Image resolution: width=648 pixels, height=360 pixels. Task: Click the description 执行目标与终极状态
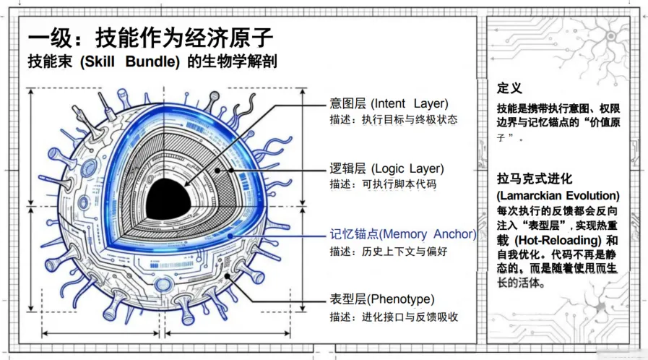[x=409, y=119]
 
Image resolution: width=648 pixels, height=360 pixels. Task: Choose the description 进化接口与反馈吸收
[x=409, y=317]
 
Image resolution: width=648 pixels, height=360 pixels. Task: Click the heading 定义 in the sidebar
[x=509, y=88]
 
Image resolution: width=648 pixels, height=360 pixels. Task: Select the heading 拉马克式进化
[x=534, y=179]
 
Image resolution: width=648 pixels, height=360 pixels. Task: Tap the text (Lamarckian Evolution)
[x=558, y=196]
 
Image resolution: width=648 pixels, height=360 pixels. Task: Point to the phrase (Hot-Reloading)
[x=555, y=239]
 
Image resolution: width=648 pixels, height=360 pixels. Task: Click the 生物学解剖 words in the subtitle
[x=241, y=62]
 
